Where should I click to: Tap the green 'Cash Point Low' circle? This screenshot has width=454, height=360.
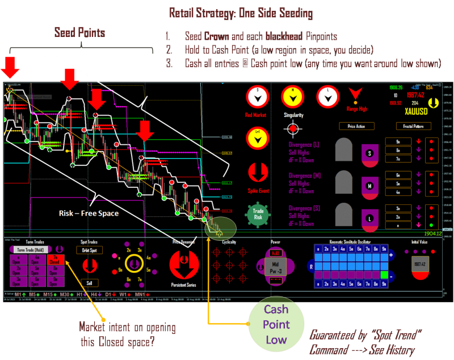coord(276,324)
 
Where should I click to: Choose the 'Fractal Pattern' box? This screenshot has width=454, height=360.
coord(413,126)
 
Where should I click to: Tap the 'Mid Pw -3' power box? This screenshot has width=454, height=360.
coord(275,267)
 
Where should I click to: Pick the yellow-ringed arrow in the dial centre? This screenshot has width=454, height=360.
coord(134,263)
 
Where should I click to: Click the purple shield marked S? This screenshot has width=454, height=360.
coord(371,154)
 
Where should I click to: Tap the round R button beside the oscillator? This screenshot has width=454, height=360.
coord(310,265)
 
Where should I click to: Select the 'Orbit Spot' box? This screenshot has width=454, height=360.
coord(89,250)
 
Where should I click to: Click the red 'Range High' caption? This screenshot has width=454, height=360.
coord(356,107)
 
